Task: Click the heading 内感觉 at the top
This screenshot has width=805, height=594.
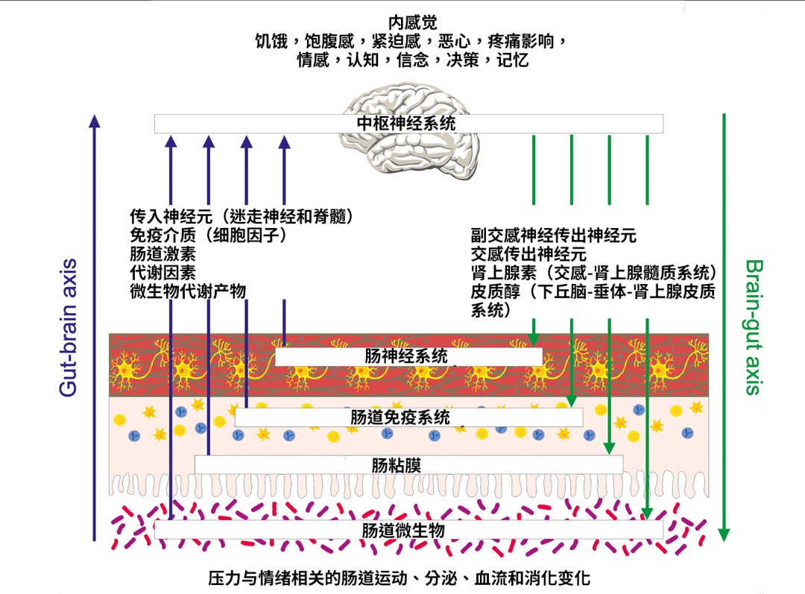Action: point(412,22)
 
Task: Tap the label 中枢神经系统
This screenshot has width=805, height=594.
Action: point(406,123)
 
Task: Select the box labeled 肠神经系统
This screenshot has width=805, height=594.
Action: point(408,356)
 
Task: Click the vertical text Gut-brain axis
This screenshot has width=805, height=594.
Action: point(68,327)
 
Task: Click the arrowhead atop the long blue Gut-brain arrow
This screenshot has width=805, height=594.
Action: point(94,121)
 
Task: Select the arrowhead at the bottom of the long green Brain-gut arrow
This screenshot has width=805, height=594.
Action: point(724,535)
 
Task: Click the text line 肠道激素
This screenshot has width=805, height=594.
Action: point(162,253)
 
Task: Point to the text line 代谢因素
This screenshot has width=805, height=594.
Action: point(162,273)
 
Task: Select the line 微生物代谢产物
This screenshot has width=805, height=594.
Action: point(188,291)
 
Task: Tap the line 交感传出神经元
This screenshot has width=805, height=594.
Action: point(528,253)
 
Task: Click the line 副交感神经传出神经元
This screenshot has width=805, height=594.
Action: point(553,235)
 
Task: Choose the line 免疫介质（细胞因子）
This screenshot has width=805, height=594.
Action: point(209,235)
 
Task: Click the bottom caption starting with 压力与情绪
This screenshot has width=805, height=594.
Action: point(400,578)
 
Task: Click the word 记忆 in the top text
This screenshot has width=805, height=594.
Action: point(512,60)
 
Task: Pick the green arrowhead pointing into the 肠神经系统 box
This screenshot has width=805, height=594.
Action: point(534,341)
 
